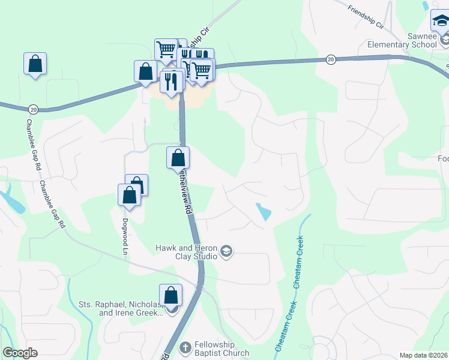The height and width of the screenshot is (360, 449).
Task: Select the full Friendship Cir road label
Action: point(366,17)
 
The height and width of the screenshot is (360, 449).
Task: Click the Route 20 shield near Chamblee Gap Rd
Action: point(33,109)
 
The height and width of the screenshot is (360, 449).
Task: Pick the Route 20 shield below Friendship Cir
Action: point(330,59)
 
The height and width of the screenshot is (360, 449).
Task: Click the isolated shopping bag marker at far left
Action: point(35,63)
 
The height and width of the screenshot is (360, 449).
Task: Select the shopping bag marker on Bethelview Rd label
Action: point(178,158)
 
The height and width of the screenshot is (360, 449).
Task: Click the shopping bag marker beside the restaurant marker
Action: point(146,71)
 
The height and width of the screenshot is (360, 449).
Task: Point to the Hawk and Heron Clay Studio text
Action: point(186,251)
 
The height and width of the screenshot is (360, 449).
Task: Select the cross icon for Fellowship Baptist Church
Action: point(185,347)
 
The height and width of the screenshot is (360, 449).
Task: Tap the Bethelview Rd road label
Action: point(185,193)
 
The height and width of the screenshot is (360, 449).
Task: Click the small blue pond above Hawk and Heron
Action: point(264,211)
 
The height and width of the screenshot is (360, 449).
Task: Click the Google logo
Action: point(20,353)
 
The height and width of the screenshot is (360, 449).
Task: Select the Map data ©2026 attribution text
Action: point(423,355)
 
